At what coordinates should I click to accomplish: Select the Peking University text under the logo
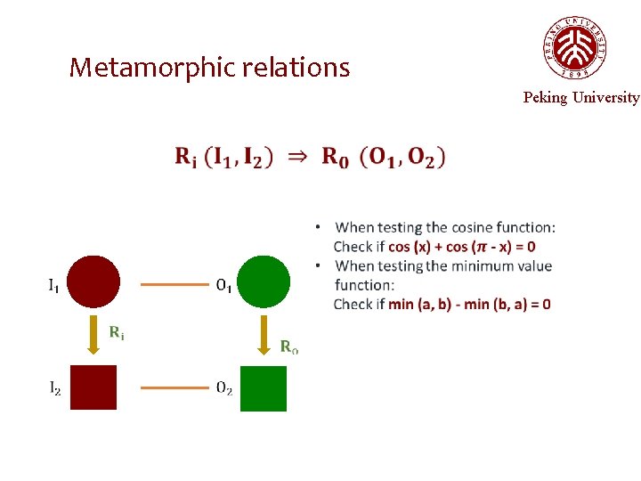(x=580, y=98)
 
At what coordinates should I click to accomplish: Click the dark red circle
(x=93, y=282)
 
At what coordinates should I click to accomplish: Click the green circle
(x=264, y=282)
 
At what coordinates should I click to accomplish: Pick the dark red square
(x=93, y=387)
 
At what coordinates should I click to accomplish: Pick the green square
(x=264, y=388)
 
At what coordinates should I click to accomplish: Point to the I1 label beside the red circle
(x=53, y=286)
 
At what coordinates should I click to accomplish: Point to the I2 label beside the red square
(x=54, y=388)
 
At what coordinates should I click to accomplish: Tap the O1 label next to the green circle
(x=224, y=286)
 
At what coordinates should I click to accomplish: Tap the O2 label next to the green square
(x=224, y=388)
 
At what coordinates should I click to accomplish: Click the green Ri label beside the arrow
(x=117, y=333)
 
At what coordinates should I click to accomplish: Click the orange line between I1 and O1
(x=174, y=286)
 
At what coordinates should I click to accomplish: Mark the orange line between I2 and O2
(x=174, y=388)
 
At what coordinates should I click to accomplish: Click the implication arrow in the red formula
(x=297, y=157)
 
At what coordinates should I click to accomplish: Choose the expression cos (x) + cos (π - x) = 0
(x=462, y=247)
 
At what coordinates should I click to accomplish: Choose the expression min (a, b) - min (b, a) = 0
(x=469, y=305)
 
